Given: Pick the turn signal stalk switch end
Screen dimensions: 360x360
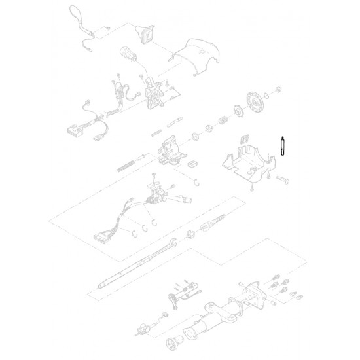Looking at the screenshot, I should click(x=187, y=196).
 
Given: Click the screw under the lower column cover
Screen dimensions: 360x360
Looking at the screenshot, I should click(x=251, y=189).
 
